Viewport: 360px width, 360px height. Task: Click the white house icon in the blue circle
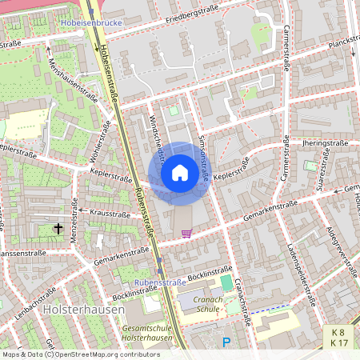pyautogui.click(x=180, y=172)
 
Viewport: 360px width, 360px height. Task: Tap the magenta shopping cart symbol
pyautogui.click(x=186, y=234)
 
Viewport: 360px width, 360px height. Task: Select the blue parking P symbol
pyautogui.click(x=226, y=342)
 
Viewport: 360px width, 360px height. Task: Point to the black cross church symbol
pyautogui.click(x=58, y=229)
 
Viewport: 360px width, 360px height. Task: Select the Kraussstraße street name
pyautogui.click(x=110, y=214)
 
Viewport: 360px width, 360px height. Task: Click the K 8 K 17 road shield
pyautogui.click(x=339, y=337)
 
